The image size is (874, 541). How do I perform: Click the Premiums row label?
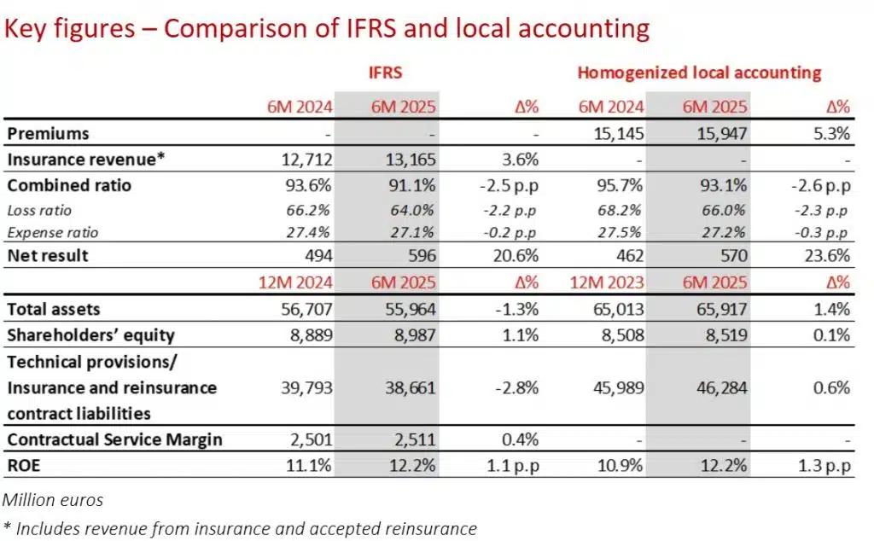pos(48,134)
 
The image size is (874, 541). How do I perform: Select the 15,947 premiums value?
pos(723,134)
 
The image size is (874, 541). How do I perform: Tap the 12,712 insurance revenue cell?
pos(306,160)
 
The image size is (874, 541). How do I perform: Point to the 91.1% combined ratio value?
pos(411,185)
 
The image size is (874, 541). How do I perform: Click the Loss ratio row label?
pos(39,209)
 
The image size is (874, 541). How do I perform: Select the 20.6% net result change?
pos(518,256)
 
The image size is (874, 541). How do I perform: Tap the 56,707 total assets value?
pos(306,310)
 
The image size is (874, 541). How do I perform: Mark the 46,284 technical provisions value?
pos(723,388)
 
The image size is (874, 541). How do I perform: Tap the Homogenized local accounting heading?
pos(699,73)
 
